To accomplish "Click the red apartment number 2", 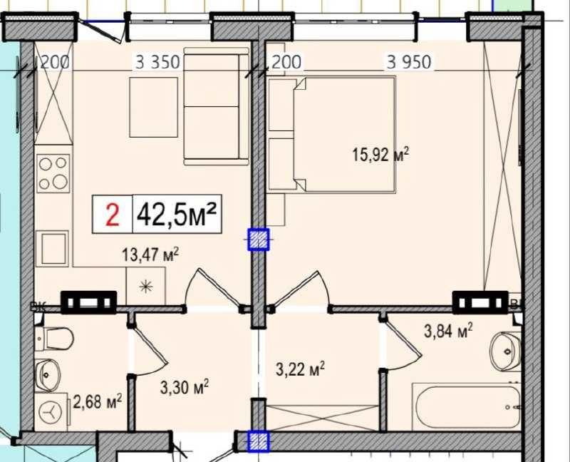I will [112, 215].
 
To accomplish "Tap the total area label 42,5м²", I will [176, 215].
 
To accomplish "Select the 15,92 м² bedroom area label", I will [381, 154].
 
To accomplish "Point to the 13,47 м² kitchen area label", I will [150, 255].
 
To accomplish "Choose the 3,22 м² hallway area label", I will [300, 369].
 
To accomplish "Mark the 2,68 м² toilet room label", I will [96, 403].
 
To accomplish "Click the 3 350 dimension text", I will [157, 63].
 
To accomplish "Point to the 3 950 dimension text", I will [409, 63].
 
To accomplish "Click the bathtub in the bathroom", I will [466, 407].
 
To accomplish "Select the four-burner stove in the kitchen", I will [54, 173].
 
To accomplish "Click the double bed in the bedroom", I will [345, 135].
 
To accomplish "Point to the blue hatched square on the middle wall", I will [258, 240].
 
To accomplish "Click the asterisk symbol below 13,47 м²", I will [145, 287].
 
